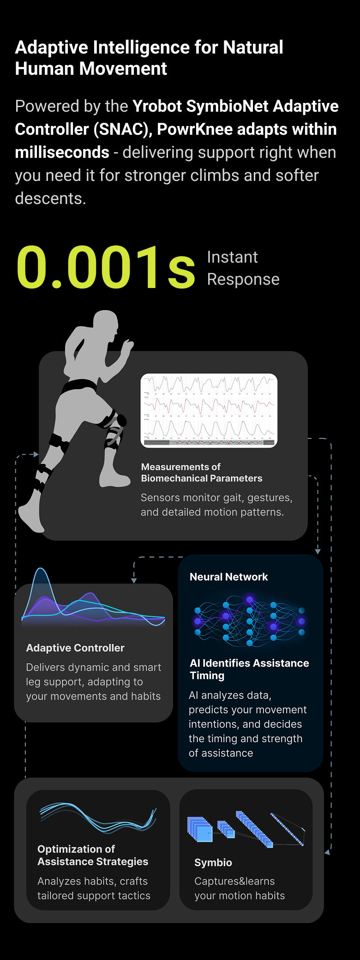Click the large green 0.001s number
[x=105, y=268]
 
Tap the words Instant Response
[x=243, y=268]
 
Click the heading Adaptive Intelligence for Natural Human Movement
[x=149, y=58]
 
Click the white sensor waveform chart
[x=209, y=410]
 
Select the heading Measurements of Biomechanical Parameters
[x=201, y=473]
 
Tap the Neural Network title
[x=228, y=576]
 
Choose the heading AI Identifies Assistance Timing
[x=249, y=669]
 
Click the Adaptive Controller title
[x=75, y=648]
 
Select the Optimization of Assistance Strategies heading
[x=93, y=855]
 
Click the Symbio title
[x=213, y=862]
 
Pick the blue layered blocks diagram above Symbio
[x=246, y=829]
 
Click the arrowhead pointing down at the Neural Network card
[x=318, y=551]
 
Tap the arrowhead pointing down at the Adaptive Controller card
[x=134, y=580]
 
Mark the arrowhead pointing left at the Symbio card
[x=327, y=852]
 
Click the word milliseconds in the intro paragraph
[x=62, y=152]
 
